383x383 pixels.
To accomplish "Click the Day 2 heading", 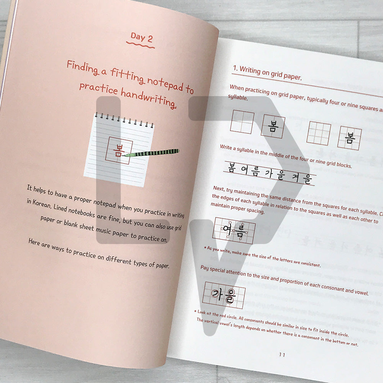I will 141,38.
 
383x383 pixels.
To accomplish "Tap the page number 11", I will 282,354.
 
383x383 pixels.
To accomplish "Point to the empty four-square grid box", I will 242,122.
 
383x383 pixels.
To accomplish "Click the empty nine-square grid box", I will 319,133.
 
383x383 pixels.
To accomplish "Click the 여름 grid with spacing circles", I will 234,230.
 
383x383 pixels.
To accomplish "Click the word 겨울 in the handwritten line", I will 302,178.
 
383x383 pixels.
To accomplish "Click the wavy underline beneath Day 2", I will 141,45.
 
